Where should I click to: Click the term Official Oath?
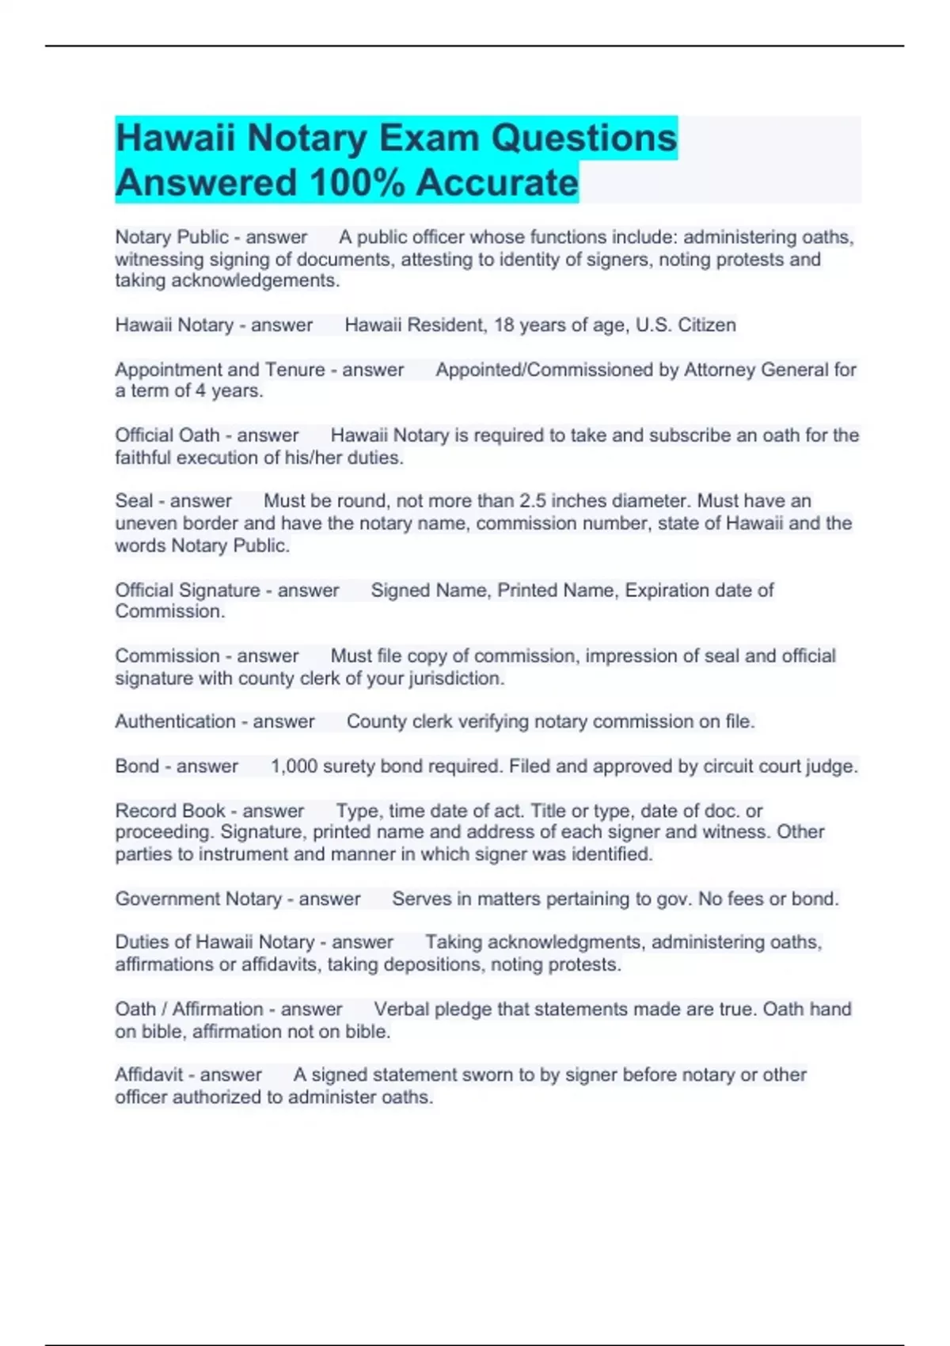pos(167,435)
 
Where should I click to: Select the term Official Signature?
pos(188,591)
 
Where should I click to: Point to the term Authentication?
pos(175,722)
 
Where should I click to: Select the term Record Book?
pos(170,811)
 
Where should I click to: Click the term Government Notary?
pos(198,899)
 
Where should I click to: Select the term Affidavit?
pos(149,1075)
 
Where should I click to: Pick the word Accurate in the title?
pos(497,183)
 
